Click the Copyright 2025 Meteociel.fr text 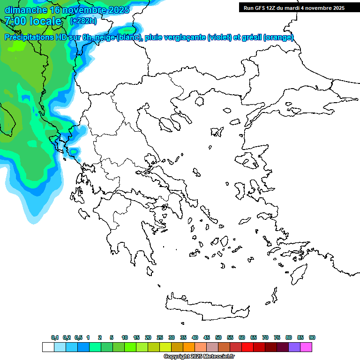(x=199, y=357)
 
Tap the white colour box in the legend (x=48, y=347)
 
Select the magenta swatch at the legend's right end (x=306, y=347)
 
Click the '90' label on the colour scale (x=312, y=337)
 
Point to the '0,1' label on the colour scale (x=55, y=337)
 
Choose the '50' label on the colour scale (x=218, y=337)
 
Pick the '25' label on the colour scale (x=160, y=337)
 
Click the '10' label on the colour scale (x=125, y=337)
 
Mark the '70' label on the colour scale (x=265, y=337)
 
